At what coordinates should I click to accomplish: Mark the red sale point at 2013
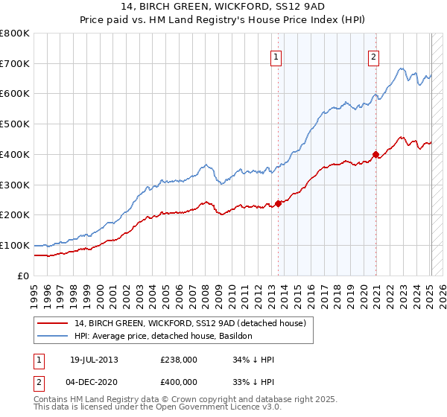point(278,203)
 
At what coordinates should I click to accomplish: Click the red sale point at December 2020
point(375,154)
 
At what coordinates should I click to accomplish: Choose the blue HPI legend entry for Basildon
point(164,336)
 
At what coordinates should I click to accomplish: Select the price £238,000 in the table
point(179,360)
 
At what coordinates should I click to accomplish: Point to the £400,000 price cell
point(179,381)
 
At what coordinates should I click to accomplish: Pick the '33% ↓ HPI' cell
point(254,381)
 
